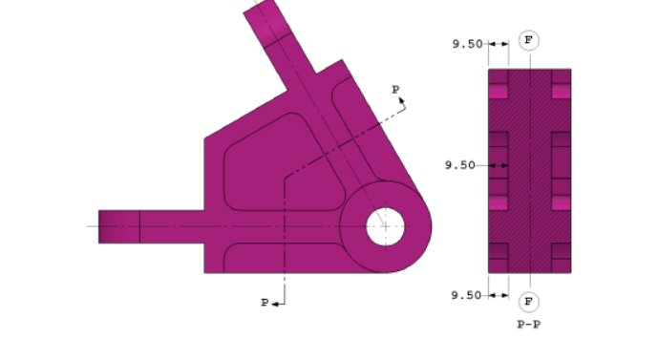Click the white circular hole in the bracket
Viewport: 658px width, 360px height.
point(386,226)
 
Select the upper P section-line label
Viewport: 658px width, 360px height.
point(396,89)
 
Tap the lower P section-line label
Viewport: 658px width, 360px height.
point(265,303)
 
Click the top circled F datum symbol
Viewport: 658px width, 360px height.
point(529,40)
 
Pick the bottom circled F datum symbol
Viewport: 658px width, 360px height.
point(529,302)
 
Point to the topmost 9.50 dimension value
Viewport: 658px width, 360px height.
point(467,44)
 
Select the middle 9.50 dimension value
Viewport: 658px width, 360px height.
point(460,165)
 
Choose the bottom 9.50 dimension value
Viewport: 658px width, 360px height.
point(467,295)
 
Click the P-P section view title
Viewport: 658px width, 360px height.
point(529,325)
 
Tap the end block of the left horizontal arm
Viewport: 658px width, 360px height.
point(119,226)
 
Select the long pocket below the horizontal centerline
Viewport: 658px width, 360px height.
point(282,256)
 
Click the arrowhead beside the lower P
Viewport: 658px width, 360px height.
point(275,304)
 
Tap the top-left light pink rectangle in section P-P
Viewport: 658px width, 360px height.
point(498,92)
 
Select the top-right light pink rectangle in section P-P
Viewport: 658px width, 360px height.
point(561,92)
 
